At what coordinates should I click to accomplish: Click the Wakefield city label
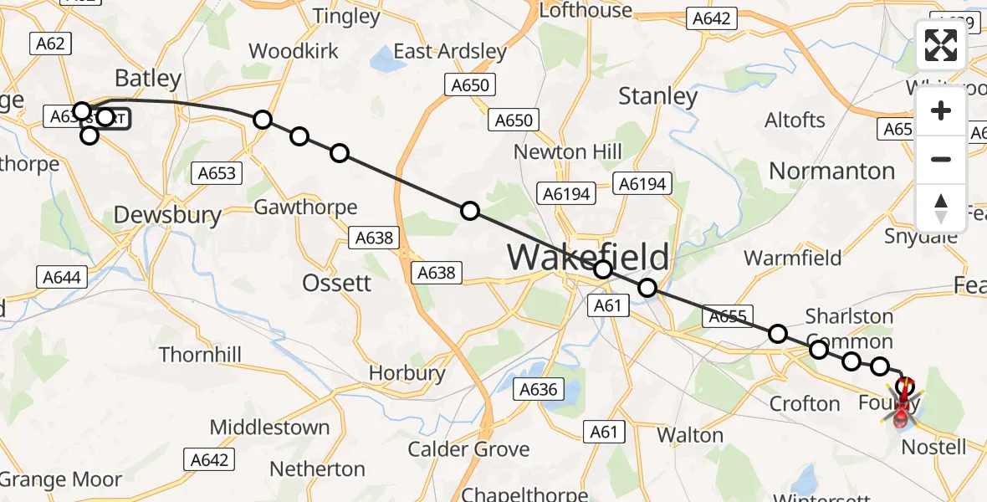click(x=588, y=257)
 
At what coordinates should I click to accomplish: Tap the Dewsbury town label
click(x=167, y=215)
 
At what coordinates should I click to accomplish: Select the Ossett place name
click(x=337, y=283)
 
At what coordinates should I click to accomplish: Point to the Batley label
click(x=148, y=79)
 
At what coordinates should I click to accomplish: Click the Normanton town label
click(x=831, y=171)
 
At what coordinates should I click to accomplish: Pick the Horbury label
click(x=407, y=372)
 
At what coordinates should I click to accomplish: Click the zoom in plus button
click(x=941, y=111)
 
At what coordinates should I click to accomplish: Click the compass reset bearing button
click(x=941, y=208)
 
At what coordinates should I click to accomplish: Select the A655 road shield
click(x=727, y=316)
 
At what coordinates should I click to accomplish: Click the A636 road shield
click(x=538, y=389)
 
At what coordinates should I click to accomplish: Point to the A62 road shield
click(x=50, y=44)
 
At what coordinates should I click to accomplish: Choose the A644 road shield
click(x=63, y=276)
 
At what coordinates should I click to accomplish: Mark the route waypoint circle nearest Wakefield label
click(x=603, y=269)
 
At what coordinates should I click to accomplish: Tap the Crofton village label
click(x=805, y=404)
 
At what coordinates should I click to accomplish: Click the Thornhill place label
click(x=201, y=355)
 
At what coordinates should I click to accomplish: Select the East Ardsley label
click(x=450, y=51)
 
